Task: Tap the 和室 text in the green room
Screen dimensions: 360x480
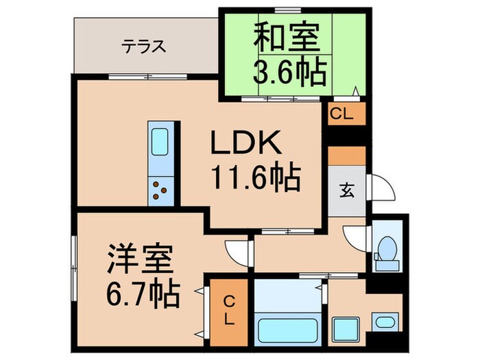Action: [288, 38]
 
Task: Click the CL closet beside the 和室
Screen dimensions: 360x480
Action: [341, 115]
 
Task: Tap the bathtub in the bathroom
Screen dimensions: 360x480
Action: [287, 328]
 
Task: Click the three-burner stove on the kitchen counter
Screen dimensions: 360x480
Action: [161, 189]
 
